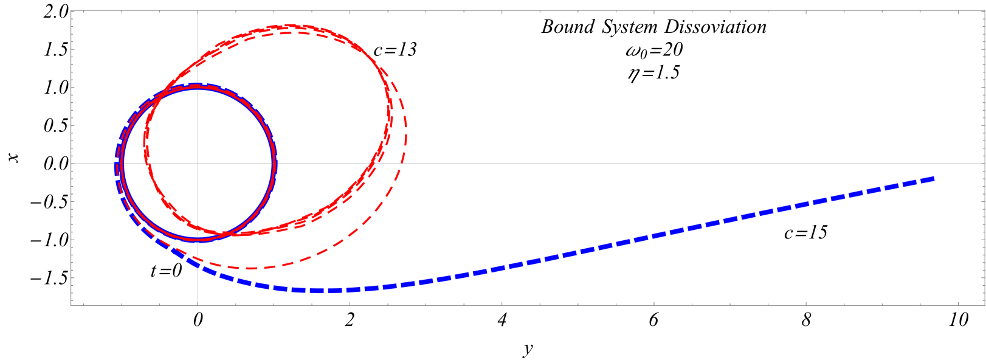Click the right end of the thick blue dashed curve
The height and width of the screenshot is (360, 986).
[934, 178]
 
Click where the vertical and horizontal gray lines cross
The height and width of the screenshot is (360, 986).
[198, 164]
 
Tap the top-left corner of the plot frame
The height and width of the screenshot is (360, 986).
[72, 10]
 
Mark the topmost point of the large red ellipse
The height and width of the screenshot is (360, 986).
[298, 26]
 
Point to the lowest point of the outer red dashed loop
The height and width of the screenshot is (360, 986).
[249, 268]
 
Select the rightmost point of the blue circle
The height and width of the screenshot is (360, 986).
[275, 164]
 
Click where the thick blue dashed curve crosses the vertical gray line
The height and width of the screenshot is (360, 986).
[198, 264]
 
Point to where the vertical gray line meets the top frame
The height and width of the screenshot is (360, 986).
[198, 10]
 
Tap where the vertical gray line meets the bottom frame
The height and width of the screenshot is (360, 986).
[198, 305]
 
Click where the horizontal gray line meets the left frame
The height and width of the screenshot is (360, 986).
[72, 164]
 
